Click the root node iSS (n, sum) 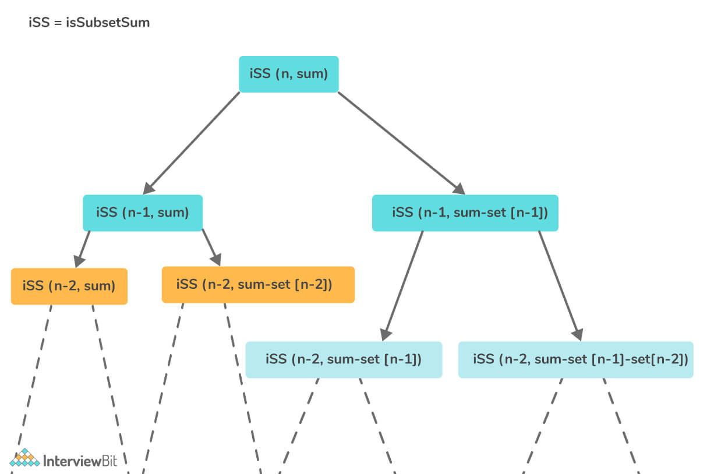tap(289, 74)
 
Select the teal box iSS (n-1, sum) tap(143, 213)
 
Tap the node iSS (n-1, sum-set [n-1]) tap(465, 213)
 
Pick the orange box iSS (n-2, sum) tap(69, 286)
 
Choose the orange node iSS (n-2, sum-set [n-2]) tap(258, 285)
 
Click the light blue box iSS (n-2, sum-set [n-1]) tap(344, 359)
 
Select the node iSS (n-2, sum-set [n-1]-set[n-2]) tap(575, 359)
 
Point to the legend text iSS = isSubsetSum tap(89, 24)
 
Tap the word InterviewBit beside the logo tap(80, 461)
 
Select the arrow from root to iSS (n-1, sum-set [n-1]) tap(402, 143)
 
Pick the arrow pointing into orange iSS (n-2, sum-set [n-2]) tap(211, 247)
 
